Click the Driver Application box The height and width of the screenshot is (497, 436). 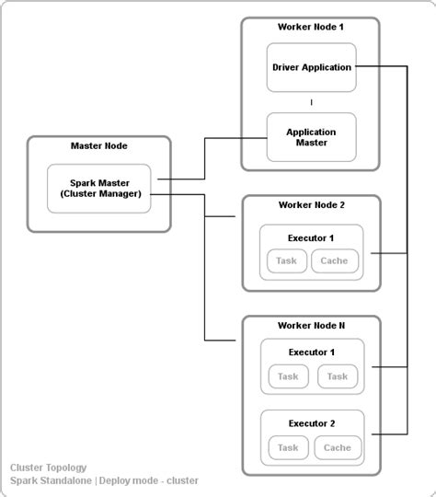pyautogui.click(x=311, y=67)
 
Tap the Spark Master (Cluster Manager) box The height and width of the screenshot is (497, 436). pyautogui.click(x=99, y=188)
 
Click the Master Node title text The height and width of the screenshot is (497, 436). pyautogui.click(x=99, y=145)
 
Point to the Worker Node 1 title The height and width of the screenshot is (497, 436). pyautogui.click(x=311, y=27)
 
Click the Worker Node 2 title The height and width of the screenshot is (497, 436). pyautogui.click(x=311, y=204)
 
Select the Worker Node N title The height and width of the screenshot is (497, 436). pyautogui.click(x=311, y=325)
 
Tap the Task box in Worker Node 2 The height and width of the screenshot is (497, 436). pyautogui.click(x=287, y=261)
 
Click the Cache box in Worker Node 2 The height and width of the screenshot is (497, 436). pyautogui.click(x=334, y=261)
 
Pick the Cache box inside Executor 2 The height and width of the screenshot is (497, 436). pyautogui.click(x=337, y=448)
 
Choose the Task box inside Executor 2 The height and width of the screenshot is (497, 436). pyautogui.click(x=288, y=448)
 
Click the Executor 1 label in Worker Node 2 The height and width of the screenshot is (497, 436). pyautogui.click(x=311, y=238)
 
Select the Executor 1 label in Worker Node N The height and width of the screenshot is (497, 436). pyautogui.click(x=311, y=353)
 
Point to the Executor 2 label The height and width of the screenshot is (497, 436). pyautogui.click(x=311, y=423)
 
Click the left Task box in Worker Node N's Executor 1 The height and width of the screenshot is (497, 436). pyautogui.click(x=288, y=376)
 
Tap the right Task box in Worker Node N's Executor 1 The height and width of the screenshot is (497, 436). pyautogui.click(x=337, y=376)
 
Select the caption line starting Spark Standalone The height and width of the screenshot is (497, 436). pyautogui.click(x=104, y=480)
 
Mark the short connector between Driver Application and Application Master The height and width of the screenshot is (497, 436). pyautogui.click(x=311, y=102)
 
